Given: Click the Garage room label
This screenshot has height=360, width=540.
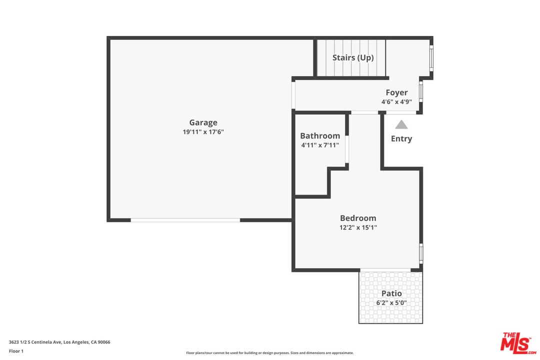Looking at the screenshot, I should click(203, 122).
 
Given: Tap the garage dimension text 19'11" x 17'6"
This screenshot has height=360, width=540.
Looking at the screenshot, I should click(203, 132).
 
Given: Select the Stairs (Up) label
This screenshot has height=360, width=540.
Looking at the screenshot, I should click(353, 57).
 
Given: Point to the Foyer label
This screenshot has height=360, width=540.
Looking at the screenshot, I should click(396, 92).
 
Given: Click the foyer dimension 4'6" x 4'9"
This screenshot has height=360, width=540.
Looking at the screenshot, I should click(396, 102).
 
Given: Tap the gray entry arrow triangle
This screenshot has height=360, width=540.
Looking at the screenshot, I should click(401, 124).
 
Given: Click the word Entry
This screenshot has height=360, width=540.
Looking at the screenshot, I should click(401, 138).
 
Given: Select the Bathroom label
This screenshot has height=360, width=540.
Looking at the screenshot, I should click(320, 135).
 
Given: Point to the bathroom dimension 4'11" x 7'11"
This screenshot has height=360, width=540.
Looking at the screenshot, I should click(320, 145).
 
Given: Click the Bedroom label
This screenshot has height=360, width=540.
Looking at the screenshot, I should click(358, 218).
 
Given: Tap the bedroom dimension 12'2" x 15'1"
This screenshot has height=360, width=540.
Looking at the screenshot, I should click(358, 227).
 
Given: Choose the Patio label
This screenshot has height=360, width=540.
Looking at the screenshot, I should click(391, 293).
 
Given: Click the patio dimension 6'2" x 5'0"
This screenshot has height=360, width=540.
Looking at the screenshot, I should click(391, 303).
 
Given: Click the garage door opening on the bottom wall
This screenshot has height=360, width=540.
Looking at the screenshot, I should click(185, 220).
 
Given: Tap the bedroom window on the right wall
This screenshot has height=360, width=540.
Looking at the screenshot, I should click(421, 253).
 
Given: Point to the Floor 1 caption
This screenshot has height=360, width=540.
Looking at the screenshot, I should click(16, 351).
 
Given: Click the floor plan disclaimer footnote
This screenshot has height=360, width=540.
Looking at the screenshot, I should click(269, 353).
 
